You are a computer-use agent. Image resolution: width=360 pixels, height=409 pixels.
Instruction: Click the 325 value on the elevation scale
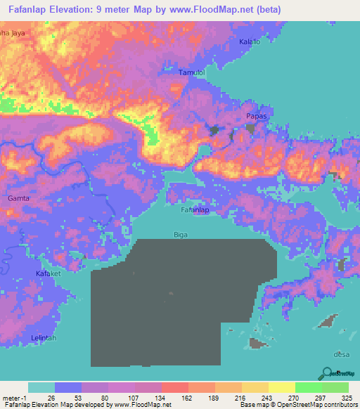(x=345, y=397)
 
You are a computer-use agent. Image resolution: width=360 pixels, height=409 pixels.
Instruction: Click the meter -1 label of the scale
(x=13, y=397)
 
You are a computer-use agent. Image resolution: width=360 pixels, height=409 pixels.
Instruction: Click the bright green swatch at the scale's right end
(x=335, y=387)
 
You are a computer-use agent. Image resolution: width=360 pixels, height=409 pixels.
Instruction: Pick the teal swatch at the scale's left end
(x=41, y=387)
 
